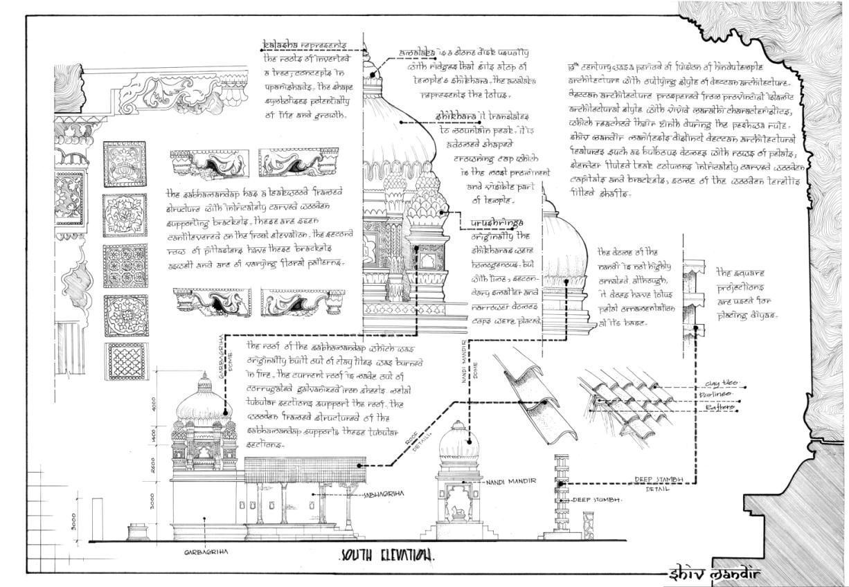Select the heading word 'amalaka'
click(x=417, y=53)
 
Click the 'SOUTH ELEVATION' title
click(x=388, y=555)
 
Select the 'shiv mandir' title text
click(x=713, y=574)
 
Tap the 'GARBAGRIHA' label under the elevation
click(x=205, y=552)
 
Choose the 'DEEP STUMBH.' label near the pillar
click(x=596, y=499)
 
